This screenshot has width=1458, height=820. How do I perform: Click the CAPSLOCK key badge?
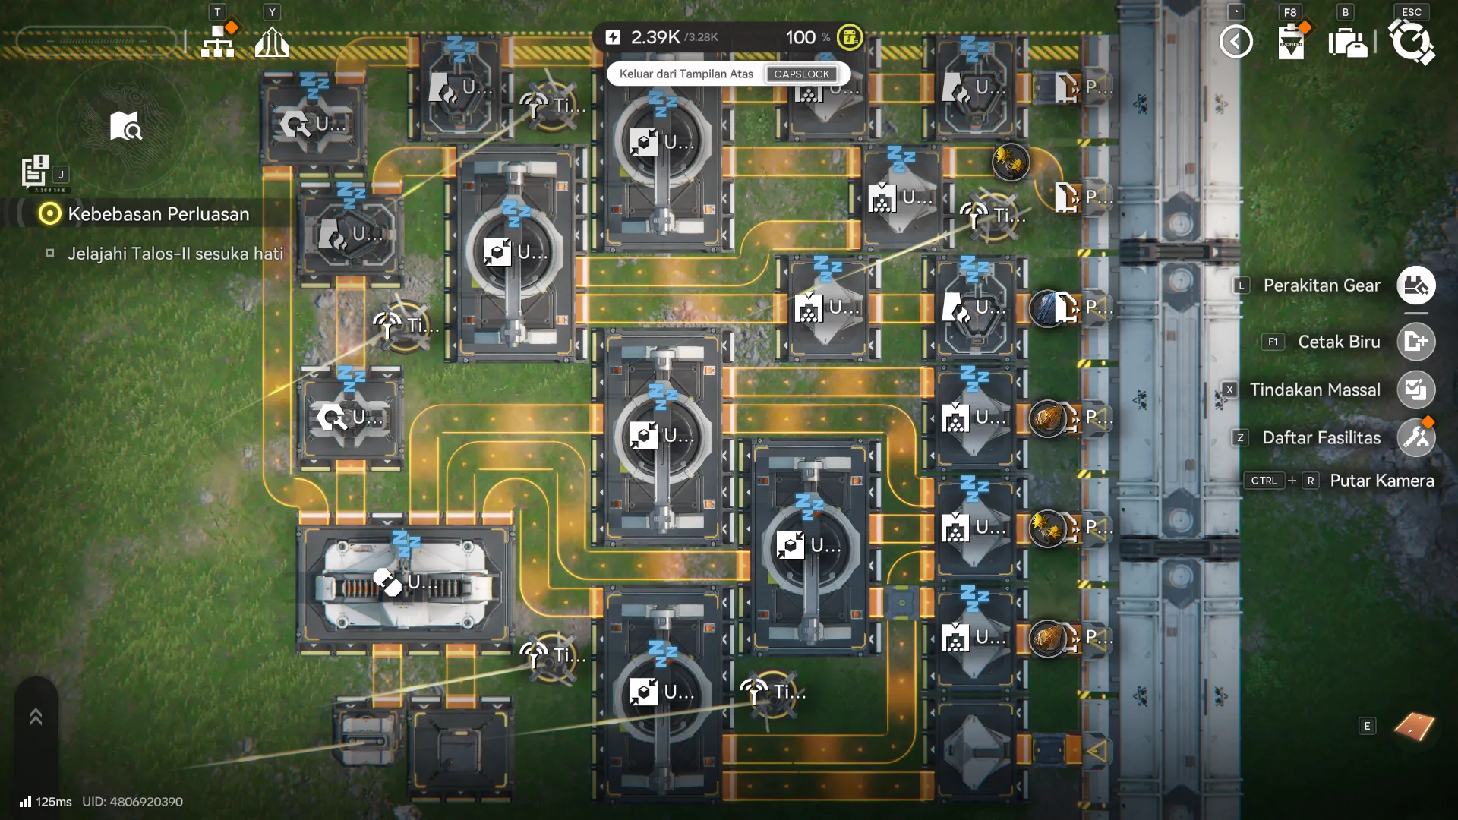point(801,74)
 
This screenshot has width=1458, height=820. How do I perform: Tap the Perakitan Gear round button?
point(1415,285)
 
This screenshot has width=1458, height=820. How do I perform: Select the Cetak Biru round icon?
point(1415,342)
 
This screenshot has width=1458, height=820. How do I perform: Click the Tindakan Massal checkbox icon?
point(1415,389)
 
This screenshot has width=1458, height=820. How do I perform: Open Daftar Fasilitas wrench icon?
point(1415,438)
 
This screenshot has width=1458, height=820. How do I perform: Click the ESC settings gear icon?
point(1411,41)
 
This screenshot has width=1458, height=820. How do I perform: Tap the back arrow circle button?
point(1236,41)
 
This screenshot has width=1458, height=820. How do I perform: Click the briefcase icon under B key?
point(1347,43)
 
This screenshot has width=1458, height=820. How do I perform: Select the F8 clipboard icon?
point(1291,42)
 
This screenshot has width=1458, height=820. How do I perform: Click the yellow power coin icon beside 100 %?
point(849,36)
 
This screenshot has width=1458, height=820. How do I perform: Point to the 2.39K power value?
point(655,36)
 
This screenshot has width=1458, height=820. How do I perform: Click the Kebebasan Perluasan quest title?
point(158,214)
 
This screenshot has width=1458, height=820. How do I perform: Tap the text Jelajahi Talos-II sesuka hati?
point(175,254)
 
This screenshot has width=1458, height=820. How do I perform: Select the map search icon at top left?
point(125,127)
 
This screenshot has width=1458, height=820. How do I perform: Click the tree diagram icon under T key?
point(217,43)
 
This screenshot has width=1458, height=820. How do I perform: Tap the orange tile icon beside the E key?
point(1414,726)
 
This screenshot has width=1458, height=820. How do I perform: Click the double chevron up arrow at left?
point(36,717)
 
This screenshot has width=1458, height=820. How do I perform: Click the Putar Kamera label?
point(1381,481)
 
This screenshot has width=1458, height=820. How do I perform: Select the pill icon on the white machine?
point(387,582)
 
